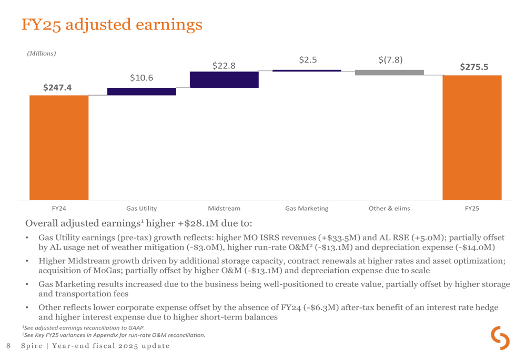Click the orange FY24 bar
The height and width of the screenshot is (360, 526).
(59, 147)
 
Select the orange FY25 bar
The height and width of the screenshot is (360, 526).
(472, 137)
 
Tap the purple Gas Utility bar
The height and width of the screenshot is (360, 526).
(141, 91)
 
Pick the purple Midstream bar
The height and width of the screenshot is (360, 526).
(224, 79)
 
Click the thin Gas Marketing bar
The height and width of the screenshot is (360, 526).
(307, 70)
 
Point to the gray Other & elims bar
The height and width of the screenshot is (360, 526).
(389, 73)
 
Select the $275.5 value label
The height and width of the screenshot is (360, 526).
(474, 67)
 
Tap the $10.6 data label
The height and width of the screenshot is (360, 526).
(141, 78)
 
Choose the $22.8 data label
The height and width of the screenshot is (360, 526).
(224, 66)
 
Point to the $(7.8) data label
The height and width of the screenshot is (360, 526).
(390, 60)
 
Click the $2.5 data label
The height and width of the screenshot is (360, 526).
(308, 60)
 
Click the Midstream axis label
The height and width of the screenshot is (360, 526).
(224, 209)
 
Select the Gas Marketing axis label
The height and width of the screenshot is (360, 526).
(307, 209)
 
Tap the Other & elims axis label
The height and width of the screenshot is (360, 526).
(389, 209)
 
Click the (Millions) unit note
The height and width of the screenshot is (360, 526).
(41, 53)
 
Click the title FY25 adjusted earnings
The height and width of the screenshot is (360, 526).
(112, 24)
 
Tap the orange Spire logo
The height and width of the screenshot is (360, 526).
(500, 338)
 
